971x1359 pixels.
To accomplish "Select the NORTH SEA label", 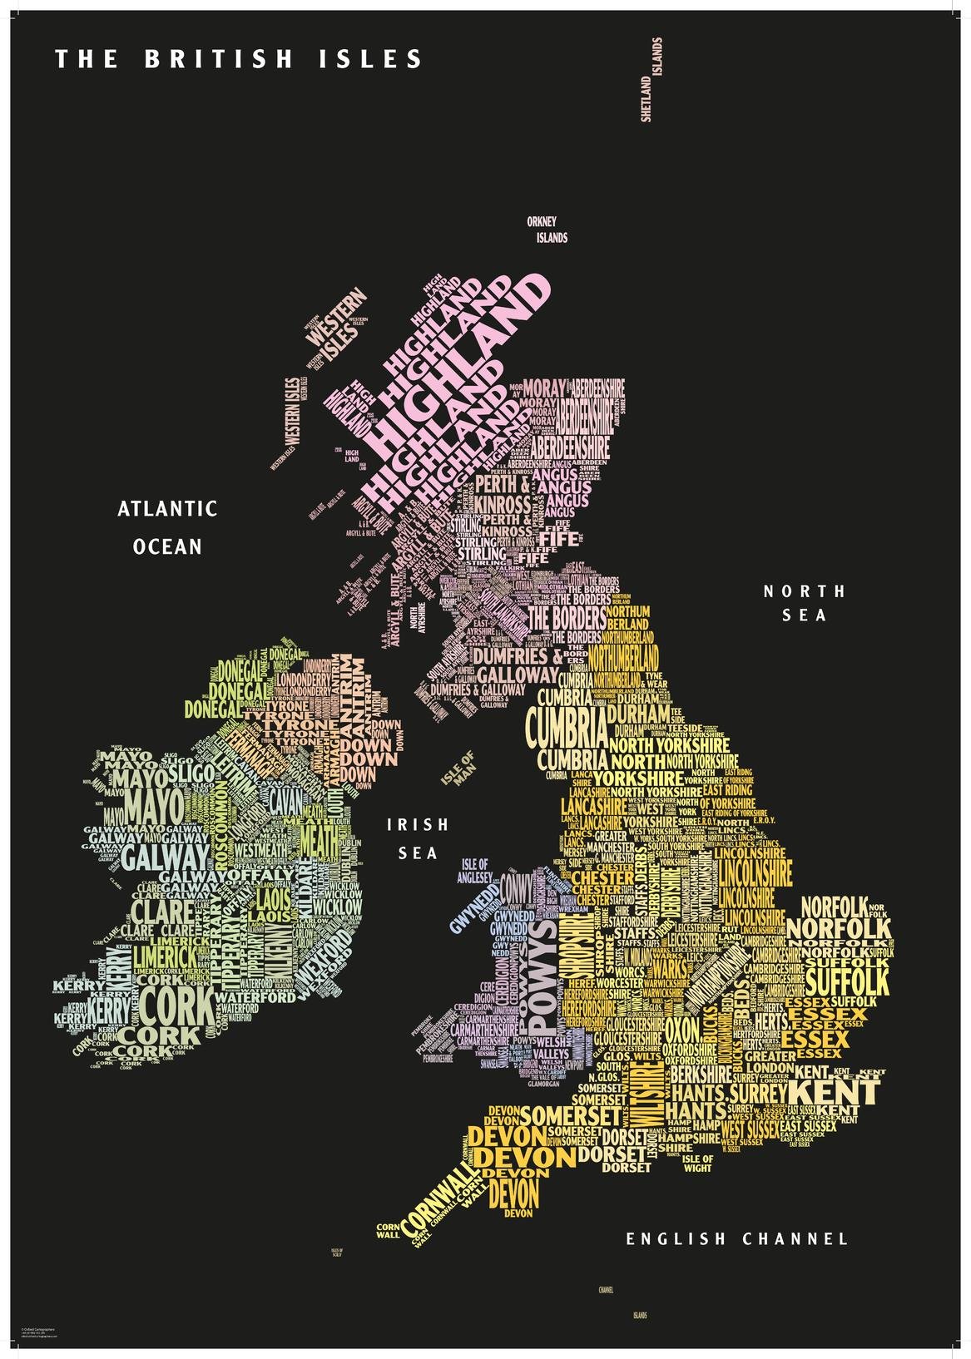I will (x=805, y=603).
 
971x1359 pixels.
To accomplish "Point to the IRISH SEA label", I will (x=418, y=838).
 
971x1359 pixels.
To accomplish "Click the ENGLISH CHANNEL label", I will (x=737, y=1239).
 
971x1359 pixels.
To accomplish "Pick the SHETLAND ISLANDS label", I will (x=651, y=80).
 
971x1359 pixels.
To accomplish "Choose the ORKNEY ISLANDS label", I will (x=547, y=230).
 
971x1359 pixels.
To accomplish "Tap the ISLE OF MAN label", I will (x=458, y=768).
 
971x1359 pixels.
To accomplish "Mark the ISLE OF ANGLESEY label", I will (x=475, y=871).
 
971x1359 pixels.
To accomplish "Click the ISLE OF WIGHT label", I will (x=697, y=1163).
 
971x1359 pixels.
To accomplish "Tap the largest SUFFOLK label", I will (x=847, y=977).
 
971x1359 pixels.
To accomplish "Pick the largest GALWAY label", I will (x=163, y=856).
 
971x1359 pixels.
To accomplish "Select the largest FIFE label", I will (x=563, y=539).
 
